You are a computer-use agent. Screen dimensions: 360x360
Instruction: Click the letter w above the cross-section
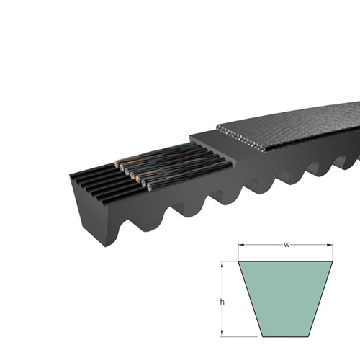tap(287, 245)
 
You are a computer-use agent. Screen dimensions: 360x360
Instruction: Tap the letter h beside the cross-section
tap(222, 302)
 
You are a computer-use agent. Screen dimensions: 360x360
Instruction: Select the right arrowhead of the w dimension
tap(330, 245)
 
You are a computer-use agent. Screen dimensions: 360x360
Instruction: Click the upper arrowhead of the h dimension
tap(222, 264)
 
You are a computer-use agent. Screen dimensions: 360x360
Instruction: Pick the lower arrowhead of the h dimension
tap(222, 333)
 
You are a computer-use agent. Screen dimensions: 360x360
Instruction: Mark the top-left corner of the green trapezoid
tap(238, 261)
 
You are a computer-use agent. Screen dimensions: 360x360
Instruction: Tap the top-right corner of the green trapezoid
tap(333, 261)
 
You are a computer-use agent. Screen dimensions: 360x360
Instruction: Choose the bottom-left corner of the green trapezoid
tap(263, 336)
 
